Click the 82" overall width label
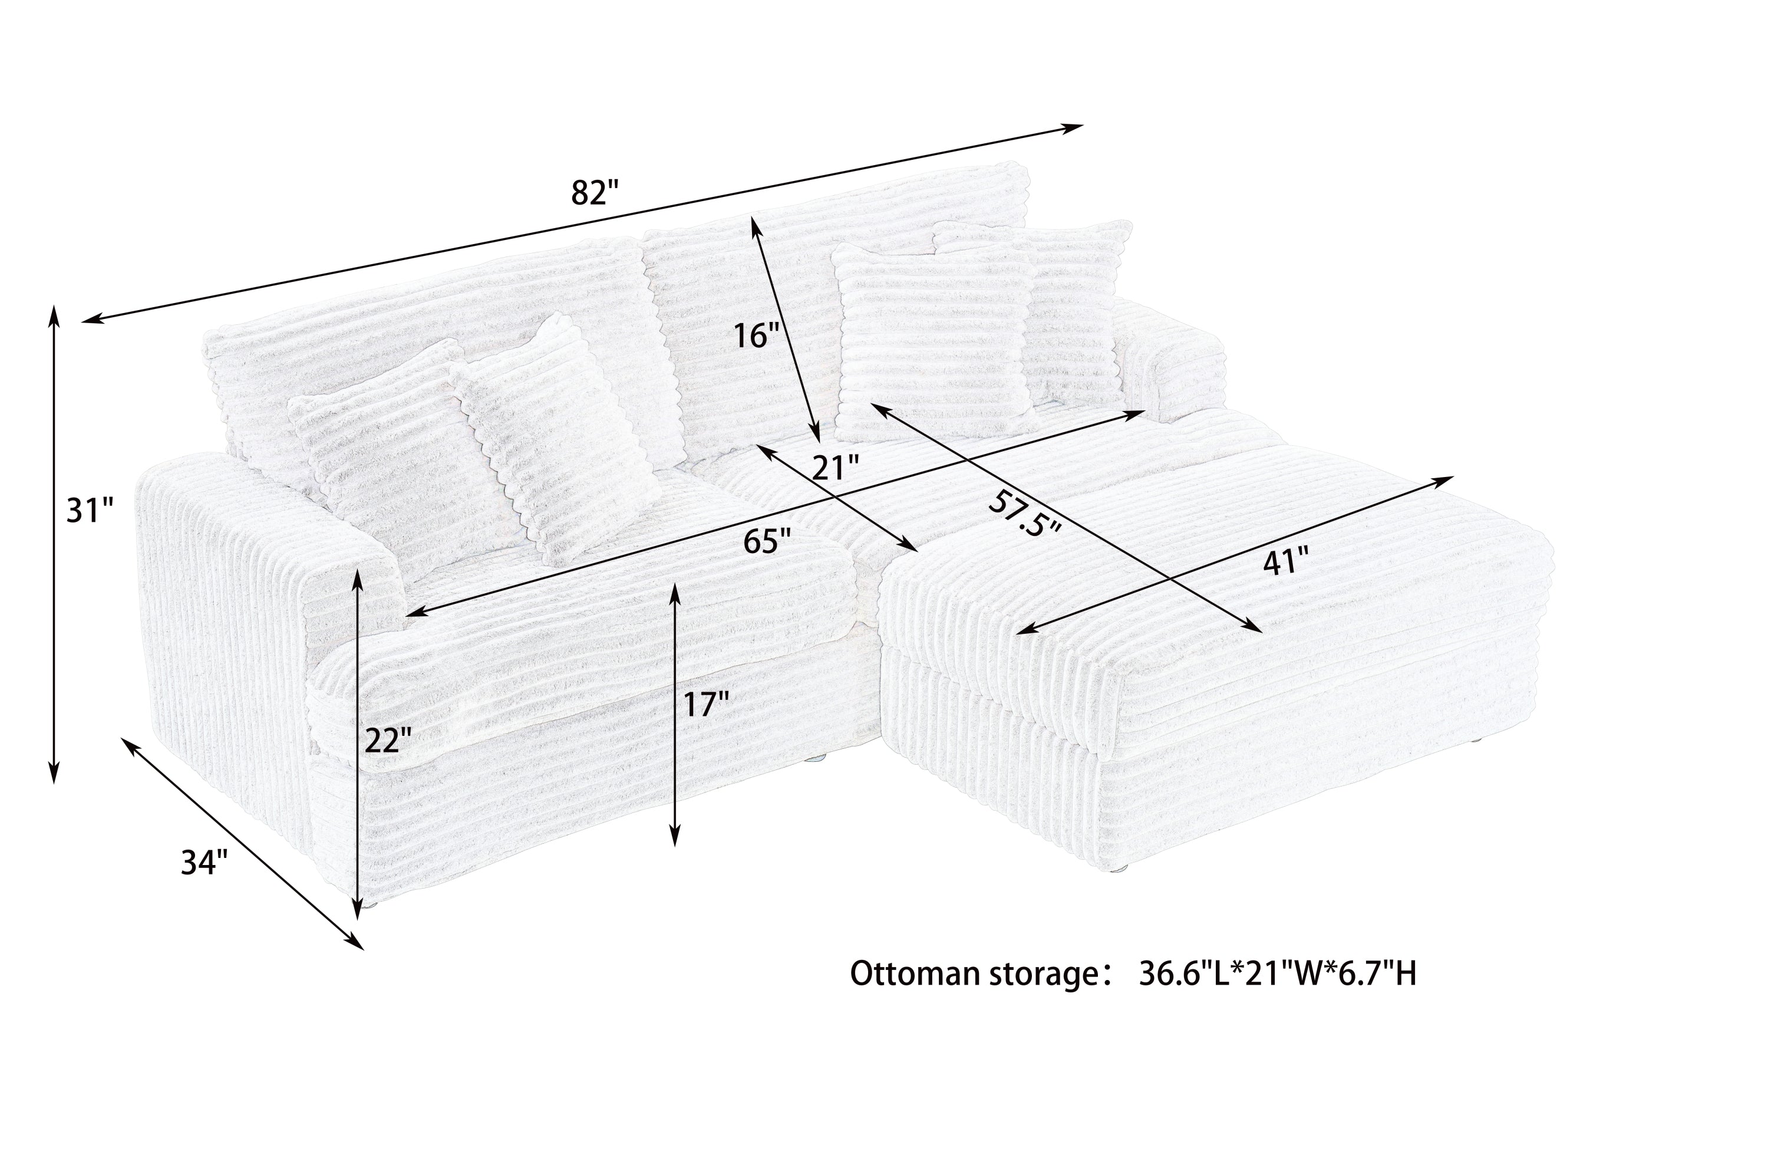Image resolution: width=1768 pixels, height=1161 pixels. click(594, 192)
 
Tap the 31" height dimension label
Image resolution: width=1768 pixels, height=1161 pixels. click(90, 511)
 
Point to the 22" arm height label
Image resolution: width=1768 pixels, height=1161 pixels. click(388, 741)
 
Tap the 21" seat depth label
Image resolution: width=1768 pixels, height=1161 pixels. click(835, 468)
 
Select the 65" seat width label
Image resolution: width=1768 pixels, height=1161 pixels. click(767, 542)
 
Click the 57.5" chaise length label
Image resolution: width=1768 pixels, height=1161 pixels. click(1024, 515)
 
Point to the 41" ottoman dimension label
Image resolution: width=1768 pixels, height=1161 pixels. click(1285, 561)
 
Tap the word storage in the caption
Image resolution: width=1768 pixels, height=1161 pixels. click(1041, 975)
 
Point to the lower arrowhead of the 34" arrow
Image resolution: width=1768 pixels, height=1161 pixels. click(355, 942)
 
